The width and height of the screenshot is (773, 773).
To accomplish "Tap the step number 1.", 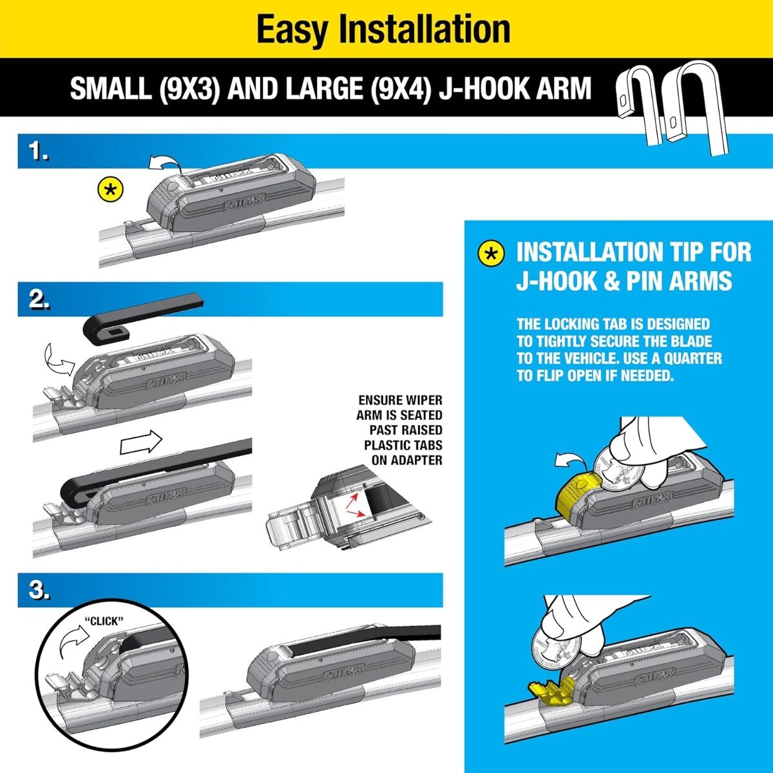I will [39, 153].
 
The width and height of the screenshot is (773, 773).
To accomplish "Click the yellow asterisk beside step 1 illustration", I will [110, 191].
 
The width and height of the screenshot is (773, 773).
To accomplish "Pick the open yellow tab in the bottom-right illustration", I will [548, 690].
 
